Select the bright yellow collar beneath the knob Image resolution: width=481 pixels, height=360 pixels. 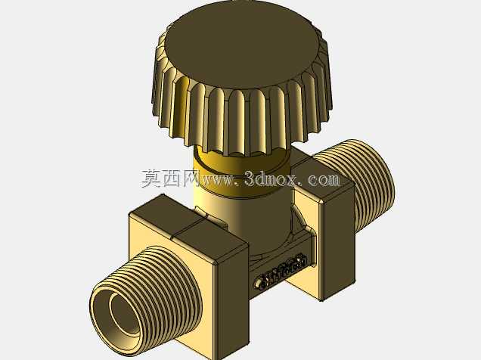click(x=242, y=172)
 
